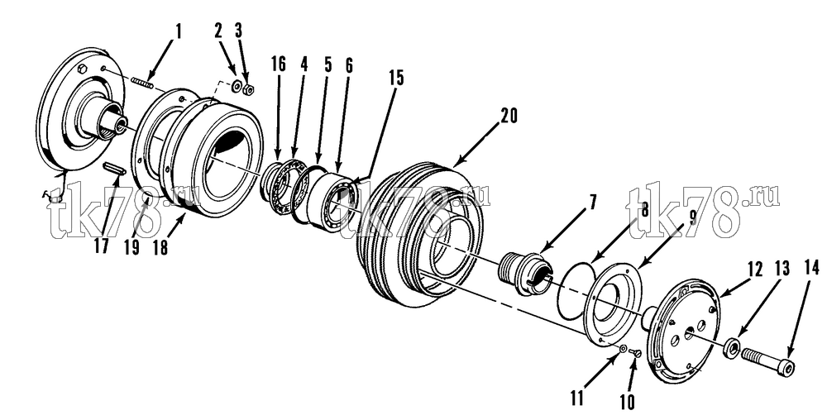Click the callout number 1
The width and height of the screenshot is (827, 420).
pyautogui.click(x=178, y=31)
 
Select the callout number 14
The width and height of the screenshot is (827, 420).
pyautogui.click(x=812, y=268)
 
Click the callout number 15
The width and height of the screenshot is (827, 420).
pyautogui.click(x=396, y=78)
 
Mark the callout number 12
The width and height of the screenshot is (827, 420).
pyautogui.click(x=754, y=270)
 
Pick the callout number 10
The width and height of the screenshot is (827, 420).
pyautogui.click(x=627, y=402)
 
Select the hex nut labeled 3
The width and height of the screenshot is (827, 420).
pyautogui.click(x=249, y=89)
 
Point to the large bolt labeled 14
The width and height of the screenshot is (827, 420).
pyautogui.click(x=768, y=363)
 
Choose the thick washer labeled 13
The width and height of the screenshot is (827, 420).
pyautogui.click(x=731, y=348)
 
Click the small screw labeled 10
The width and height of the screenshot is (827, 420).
pyautogui.click(x=635, y=352)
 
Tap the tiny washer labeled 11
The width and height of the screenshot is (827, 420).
pyautogui.click(x=624, y=348)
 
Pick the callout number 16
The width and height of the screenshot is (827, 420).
pyautogui.click(x=279, y=64)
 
